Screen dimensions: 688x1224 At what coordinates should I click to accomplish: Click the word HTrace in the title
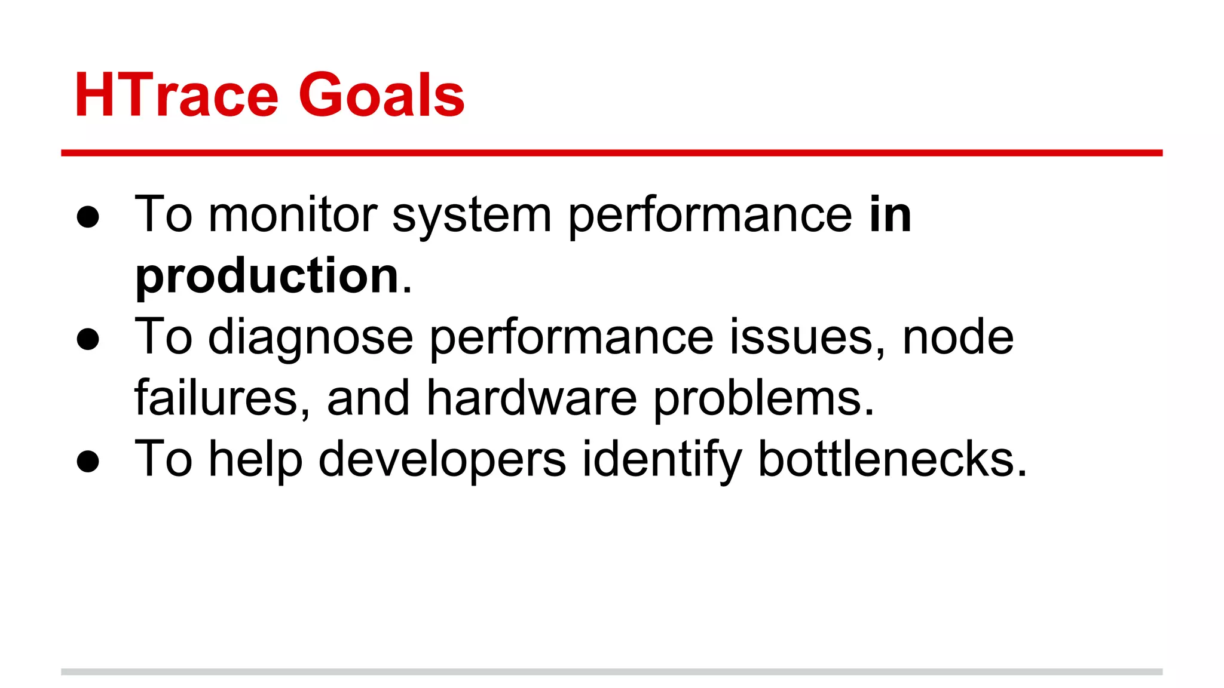176,96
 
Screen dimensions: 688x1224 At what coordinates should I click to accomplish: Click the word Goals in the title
381,96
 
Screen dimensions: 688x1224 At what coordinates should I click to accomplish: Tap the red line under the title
611,153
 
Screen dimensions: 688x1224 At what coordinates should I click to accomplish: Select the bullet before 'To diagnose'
88,339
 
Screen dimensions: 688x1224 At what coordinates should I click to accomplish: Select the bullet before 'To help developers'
88,461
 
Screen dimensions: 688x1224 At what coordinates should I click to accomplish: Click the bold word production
267,277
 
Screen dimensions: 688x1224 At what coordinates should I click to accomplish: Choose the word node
957,337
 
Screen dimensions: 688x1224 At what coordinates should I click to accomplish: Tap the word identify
662,460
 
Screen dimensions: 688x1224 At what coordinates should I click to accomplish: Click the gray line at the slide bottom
611,672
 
